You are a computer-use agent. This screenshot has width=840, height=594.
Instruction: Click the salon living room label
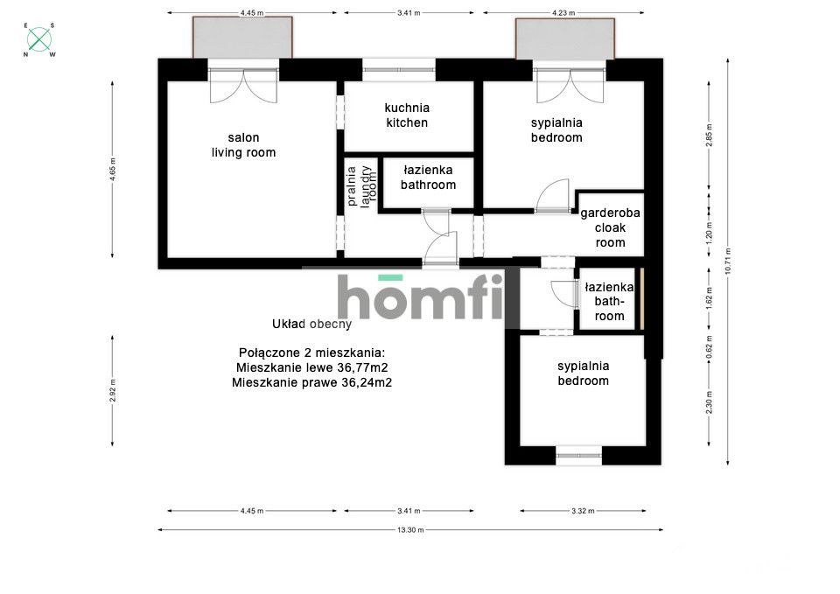click(x=243, y=145)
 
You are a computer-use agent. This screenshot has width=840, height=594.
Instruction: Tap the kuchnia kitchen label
click(x=407, y=115)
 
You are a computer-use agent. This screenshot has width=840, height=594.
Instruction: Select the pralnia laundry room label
click(x=361, y=185)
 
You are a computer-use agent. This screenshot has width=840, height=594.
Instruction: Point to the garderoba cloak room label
click(x=610, y=227)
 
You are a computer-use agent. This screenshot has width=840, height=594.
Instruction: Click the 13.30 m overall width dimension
click(x=410, y=530)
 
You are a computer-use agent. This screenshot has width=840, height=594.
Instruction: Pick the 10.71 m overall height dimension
click(x=727, y=262)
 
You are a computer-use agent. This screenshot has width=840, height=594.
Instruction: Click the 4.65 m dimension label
click(x=113, y=169)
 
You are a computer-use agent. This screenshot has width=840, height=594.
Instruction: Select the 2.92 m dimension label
click(x=113, y=390)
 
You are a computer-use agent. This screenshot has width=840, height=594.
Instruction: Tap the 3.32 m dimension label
click(x=583, y=511)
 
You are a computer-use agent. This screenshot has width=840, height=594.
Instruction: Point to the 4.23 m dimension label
click(x=563, y=13)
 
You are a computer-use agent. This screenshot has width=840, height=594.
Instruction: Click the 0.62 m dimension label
click(x=709, y=347)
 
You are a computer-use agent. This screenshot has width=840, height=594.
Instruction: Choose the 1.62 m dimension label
click(x=709, y=298)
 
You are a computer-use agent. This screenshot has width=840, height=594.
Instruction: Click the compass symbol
click(x=39, y=39)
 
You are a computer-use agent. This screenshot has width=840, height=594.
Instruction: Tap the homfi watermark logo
click(x=421, y=297)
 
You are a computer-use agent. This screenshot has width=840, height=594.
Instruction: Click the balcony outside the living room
click(x=242, y=37)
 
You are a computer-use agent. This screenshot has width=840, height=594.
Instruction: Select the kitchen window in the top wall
click(x=399, y=69)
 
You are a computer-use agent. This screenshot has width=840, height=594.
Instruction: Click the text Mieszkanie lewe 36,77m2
click(x=311, y=368)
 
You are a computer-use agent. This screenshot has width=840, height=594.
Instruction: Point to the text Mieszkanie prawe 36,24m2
click(x=311, y=383)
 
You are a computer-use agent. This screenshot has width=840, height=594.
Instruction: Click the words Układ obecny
click(x=311, y=324)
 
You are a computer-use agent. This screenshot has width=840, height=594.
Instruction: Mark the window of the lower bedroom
click(x=578, y=455)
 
